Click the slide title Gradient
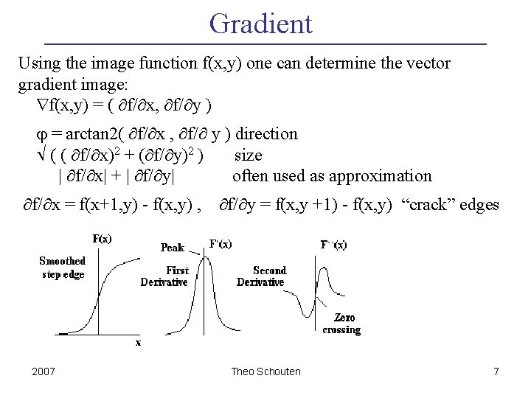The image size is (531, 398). click(x=261, y=24)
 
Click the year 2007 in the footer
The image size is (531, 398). click(x=44, y=371)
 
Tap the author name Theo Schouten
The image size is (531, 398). click(x=265, y=371)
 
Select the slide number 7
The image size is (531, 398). click(x=496, y=371)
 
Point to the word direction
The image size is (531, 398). click(x=266, y=133)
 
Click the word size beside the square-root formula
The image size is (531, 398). click(x=249, y=156)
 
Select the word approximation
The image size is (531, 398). click(x=381, y=177)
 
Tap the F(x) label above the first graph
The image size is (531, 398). click(x=102, y=239)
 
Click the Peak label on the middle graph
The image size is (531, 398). click(x=173, y=248)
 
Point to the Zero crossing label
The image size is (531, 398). click(x=341, y=324)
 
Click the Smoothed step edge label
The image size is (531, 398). click(x=63, y=268)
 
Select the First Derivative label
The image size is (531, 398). click(x=164, y=276)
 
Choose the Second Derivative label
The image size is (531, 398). click(x=261, y=276)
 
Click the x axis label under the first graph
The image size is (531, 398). click(x=138, y=343)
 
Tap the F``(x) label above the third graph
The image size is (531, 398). click(x=333, y=245)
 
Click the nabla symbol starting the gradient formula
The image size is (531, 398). click(x=42, y=105)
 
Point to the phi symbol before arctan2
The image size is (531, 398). click(x=41, y=136)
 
